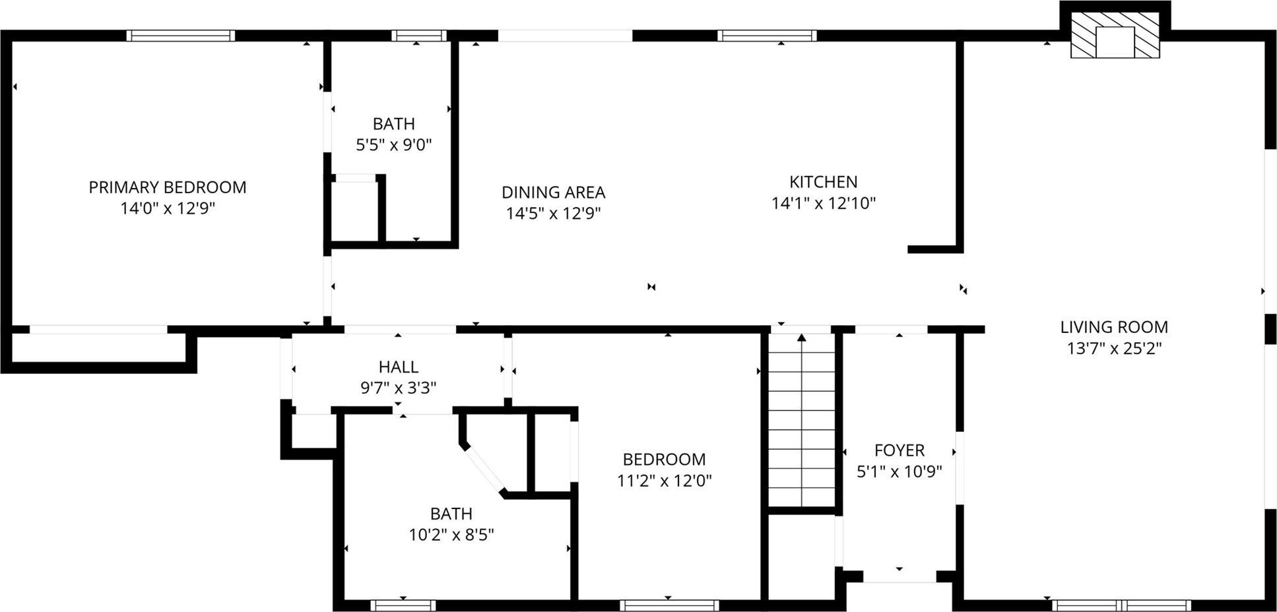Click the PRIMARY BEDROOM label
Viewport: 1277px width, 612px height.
pos(168,187)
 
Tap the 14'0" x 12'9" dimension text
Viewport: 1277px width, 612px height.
pos(168,208)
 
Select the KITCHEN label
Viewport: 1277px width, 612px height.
pos(824,182)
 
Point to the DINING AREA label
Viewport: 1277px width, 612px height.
pos(553,193)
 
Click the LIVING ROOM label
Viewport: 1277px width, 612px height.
pos(1114,327)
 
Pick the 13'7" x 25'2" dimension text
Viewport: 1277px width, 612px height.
pos(1114,348)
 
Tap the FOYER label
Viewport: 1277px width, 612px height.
pos(899,450)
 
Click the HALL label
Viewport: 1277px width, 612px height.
pos(399,367)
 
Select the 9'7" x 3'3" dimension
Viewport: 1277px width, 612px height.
pos(399,388)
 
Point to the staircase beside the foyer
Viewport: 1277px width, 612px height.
pos(802,422)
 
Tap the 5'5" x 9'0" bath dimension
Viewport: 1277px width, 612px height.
pos(394,144)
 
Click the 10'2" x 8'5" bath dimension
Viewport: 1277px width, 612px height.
pos(451,534)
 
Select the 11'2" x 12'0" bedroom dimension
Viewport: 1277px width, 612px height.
pos(665,480)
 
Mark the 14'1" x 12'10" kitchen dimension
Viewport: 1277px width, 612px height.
pos(824,203)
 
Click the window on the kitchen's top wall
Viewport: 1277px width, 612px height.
pos(767,36)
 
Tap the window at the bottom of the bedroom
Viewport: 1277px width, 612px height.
pos(669,605)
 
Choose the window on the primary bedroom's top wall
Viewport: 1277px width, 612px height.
pos(181,36)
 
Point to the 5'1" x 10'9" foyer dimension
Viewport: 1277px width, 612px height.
pos(899,472)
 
